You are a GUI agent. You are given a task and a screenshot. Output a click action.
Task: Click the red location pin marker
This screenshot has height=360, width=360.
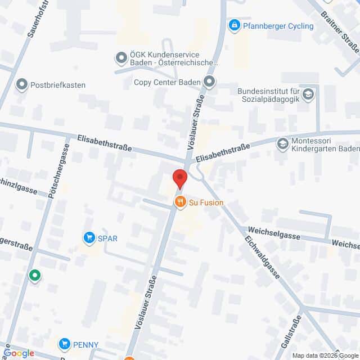179,177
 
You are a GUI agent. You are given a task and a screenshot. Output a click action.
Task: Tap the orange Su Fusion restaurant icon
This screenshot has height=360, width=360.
180,202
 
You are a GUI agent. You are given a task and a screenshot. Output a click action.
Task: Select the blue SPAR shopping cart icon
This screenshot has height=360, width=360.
89,238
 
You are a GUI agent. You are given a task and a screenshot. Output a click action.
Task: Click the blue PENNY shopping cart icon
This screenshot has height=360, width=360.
66,344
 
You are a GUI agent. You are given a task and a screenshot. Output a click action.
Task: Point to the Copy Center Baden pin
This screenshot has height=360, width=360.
210,83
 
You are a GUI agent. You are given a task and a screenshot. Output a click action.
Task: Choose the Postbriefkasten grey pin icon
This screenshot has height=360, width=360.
22,85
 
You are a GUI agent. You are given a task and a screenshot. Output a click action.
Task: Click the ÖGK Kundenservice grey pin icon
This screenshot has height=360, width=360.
120,57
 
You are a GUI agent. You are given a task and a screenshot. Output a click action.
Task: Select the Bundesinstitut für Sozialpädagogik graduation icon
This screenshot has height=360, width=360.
308,94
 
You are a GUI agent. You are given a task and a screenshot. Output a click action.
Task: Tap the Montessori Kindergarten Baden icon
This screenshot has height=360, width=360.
282,144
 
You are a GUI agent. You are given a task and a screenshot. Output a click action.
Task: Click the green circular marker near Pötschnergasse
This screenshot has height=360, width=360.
35,275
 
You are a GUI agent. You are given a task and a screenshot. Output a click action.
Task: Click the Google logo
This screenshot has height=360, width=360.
19,353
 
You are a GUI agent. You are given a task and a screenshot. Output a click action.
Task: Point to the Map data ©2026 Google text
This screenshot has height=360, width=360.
325,355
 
